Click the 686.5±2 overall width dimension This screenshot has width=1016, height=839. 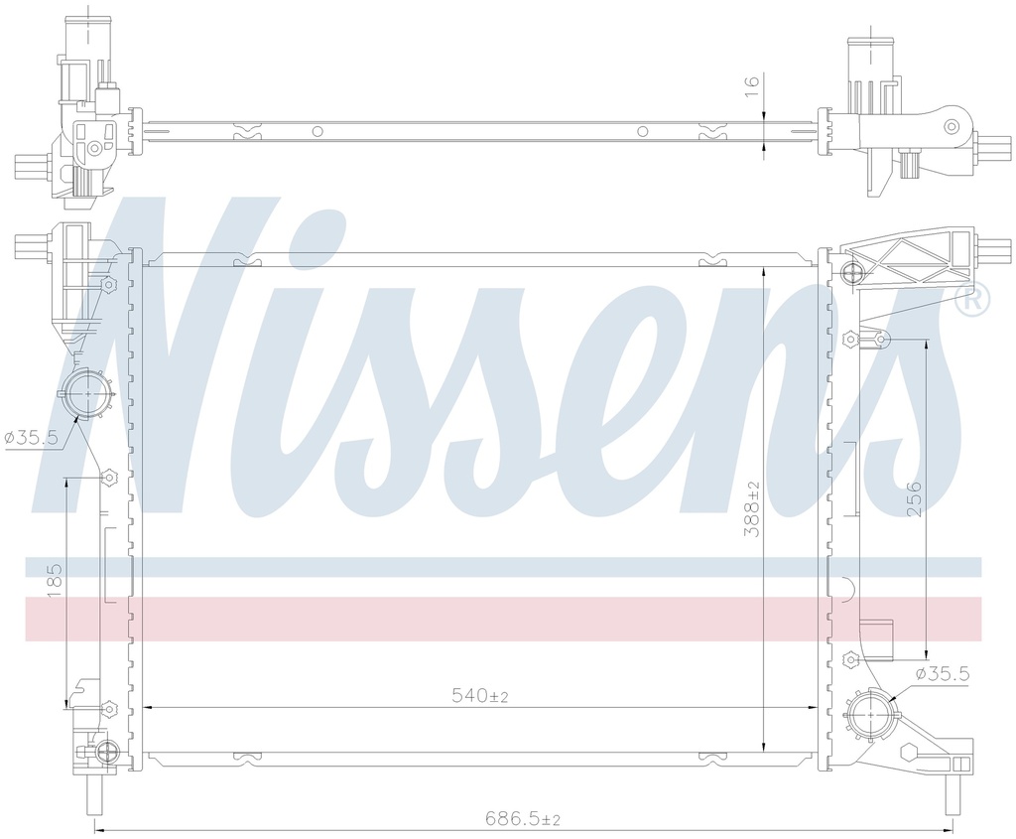[523, 819]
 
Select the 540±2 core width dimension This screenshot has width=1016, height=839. [479, 696]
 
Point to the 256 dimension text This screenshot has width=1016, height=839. [914, 498]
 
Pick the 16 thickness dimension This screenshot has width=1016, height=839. [751, 85]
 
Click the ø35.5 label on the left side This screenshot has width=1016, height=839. [31, 438]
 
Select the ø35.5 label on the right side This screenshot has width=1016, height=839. [943, 673]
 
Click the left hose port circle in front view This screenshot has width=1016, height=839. [86, 394]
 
